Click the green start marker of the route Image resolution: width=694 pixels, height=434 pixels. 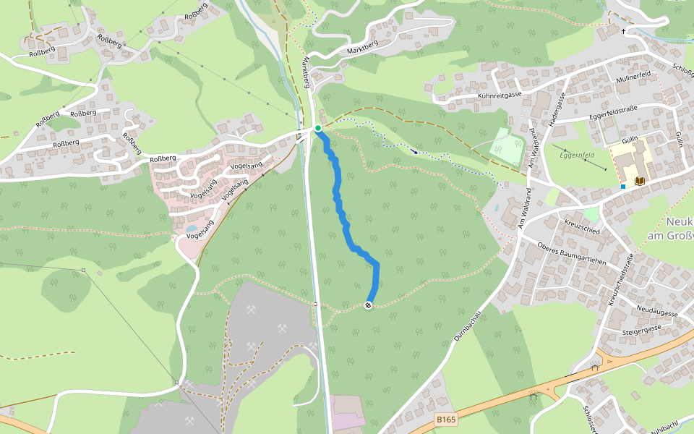tap(317, 128)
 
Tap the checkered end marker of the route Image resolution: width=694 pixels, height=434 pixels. tap(369, 306)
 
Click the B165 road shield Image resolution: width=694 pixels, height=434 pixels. tap(446, 419)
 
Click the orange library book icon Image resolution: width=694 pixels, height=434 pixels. tap(639, 180)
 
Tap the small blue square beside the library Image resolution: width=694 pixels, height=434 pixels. tap(622, 186)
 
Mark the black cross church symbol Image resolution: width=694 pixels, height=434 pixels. tap(624, 31)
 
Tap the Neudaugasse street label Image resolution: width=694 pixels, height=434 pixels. tap(656, 312)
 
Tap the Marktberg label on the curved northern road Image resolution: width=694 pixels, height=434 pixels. tap(363, 46)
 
